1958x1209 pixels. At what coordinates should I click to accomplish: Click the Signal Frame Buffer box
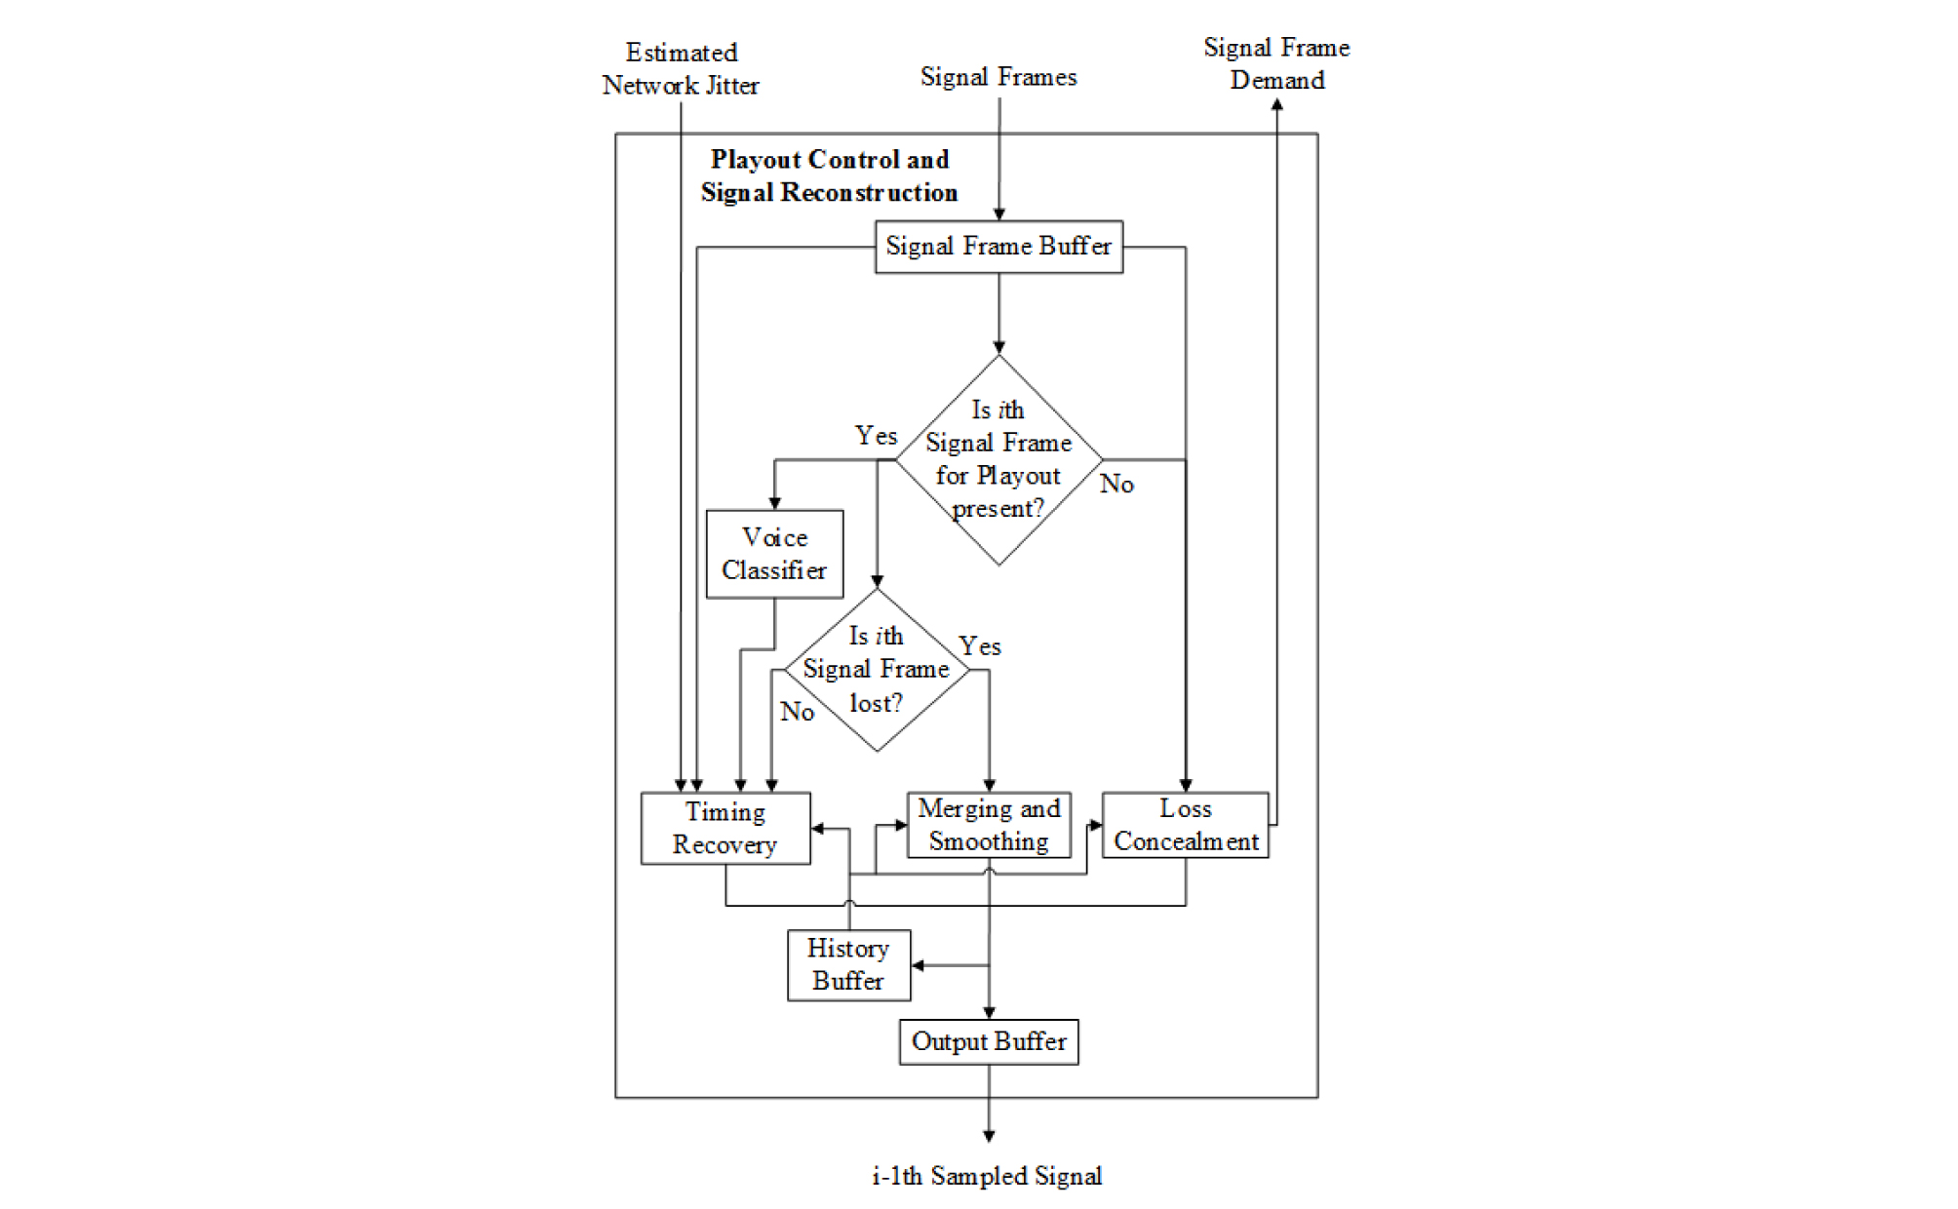999,247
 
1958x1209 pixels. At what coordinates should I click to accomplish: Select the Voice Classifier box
774,554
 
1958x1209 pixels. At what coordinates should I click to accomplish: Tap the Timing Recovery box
725,828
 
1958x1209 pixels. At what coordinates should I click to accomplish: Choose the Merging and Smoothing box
989,825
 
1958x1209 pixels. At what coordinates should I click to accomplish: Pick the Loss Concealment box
1186,825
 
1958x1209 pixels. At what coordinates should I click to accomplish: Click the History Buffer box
848,964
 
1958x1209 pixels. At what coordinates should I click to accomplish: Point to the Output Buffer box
989,1041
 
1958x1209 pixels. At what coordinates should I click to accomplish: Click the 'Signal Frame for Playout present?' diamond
999,459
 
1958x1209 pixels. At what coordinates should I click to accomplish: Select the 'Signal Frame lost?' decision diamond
877,670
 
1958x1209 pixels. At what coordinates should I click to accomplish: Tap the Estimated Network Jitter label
681,69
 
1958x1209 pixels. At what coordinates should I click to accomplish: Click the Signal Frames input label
999,77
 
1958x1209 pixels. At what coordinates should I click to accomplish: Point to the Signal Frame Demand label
1276,63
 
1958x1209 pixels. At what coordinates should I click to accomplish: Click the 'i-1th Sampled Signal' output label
987,1176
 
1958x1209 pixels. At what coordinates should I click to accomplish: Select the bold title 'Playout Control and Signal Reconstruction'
829,176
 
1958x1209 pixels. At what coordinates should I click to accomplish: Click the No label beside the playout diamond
1116,484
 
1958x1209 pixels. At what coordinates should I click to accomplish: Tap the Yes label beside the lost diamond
979,646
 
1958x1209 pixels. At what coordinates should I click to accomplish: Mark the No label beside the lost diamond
797,712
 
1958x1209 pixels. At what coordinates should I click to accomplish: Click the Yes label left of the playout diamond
876,436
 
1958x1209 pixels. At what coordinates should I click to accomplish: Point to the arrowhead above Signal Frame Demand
1276,104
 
